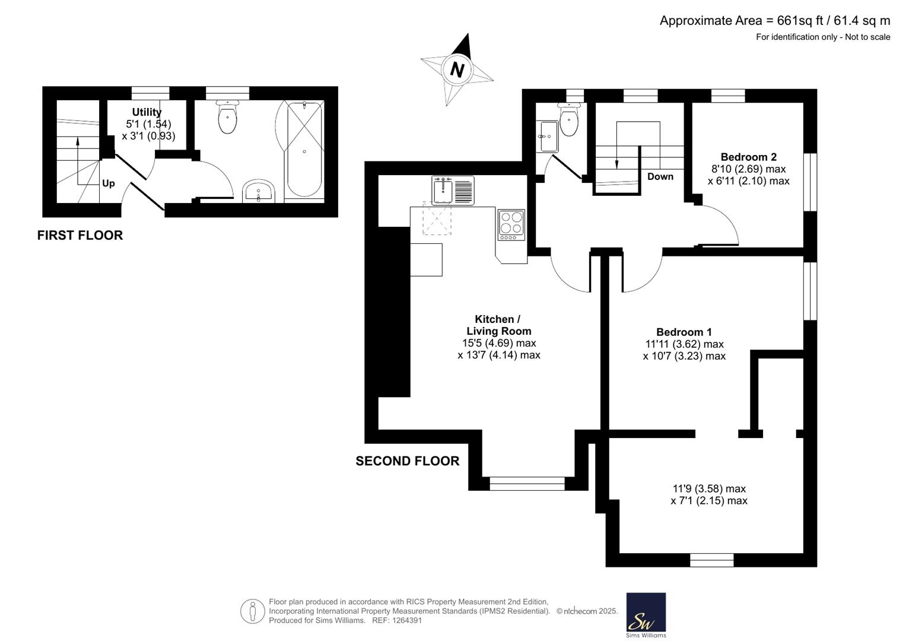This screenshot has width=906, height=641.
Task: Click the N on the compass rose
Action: pyautogui.click(x=457, y=70)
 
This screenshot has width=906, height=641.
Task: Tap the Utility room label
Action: pyautogui.click(x=147, y=112)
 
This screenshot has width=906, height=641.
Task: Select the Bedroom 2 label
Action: pyautogui.click(x=749, y=157)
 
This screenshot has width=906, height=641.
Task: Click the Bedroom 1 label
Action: pyautogui.click(x=684, y=332)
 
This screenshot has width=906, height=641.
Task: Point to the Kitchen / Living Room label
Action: pyautogui.click(x=499, y=325)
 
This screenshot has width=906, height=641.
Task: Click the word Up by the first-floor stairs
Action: pyautogui.click(x=109, y=184)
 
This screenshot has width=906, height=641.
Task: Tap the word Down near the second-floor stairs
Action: pyautogui.click(x=660, y=176)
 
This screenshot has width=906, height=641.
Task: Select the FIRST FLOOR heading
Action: pyautogui.click(x=80, y=235)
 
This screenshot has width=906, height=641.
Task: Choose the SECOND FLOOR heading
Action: pyautogui.click(x=407, y=461)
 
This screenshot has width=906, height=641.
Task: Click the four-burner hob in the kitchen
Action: pyautogui.click(x=511, y=225)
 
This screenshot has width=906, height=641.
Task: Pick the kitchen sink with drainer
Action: pyautogui.click(x=453, y=190)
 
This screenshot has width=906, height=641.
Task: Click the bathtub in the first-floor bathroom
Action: pyautogui.click(x=304, y=150)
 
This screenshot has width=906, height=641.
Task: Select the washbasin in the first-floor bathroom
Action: pyautogui.click(x=259, y=191)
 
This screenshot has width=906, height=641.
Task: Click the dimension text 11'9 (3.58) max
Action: pyautogui.click(x=709, y=489)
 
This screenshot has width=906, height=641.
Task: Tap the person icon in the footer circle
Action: pyautogui.click(x=253, y=611)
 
